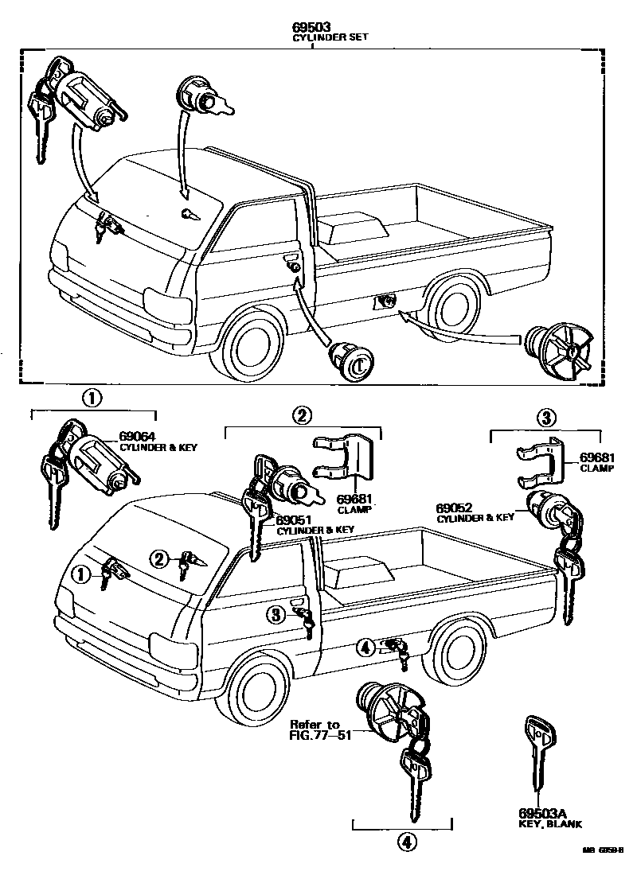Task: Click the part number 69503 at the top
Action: coord(311,26)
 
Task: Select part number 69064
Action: coord(137,436)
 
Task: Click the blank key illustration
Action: coord(537,756)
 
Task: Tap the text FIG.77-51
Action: coord(315,736)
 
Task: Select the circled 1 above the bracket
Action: coord(94,398)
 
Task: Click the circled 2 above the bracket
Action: coord(302,414)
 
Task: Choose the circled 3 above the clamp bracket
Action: coord(546,417)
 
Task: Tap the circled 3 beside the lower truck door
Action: coord(275,614)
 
